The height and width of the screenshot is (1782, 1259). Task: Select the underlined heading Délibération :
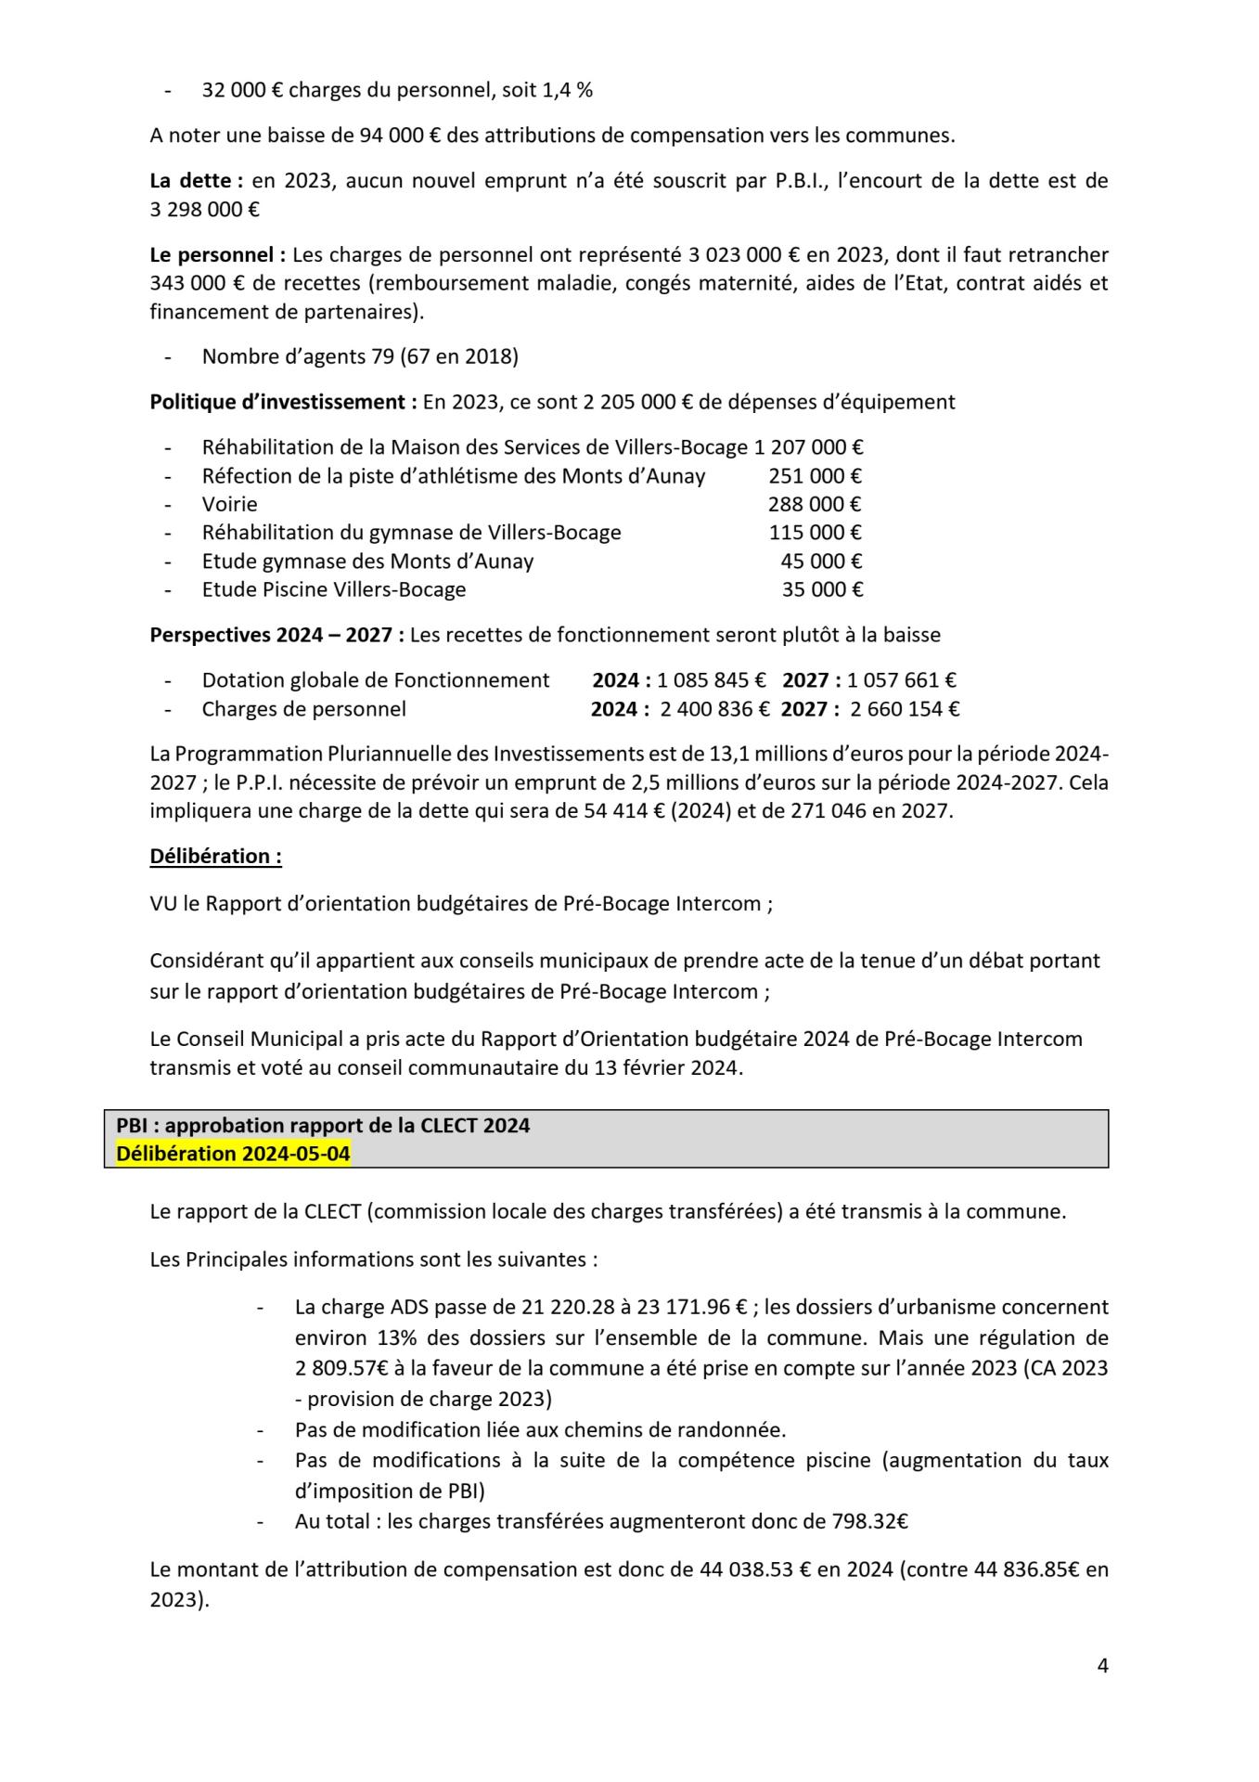215,856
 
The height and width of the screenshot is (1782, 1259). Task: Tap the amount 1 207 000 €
808,447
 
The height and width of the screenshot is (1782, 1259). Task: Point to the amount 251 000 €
815,476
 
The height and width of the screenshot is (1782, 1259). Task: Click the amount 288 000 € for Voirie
815,504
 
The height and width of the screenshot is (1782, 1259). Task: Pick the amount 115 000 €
815,533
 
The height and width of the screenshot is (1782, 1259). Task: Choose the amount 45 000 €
821,561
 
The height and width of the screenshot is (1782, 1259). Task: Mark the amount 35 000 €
822,589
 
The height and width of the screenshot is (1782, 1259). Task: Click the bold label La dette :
196,181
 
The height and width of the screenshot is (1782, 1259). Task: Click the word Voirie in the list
229,504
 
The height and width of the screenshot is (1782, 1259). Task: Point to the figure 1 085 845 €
712,680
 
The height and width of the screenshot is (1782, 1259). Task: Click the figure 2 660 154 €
905,709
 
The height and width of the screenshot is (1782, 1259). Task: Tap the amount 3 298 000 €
204,210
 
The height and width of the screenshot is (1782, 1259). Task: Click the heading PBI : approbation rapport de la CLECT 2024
323,1125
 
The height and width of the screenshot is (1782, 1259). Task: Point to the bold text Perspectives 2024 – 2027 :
276,635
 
